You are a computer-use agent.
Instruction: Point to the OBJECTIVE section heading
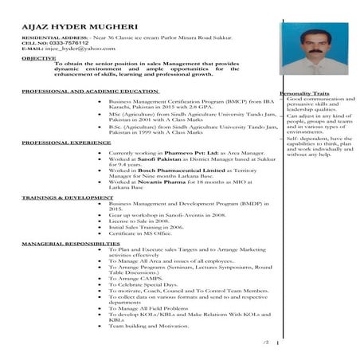pyautogui.click(x=38, y=58)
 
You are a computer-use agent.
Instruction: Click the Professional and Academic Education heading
pyautogui.click(x=89, y=92)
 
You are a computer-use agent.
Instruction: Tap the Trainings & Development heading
pyautogui.click(x=61, y=196)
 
